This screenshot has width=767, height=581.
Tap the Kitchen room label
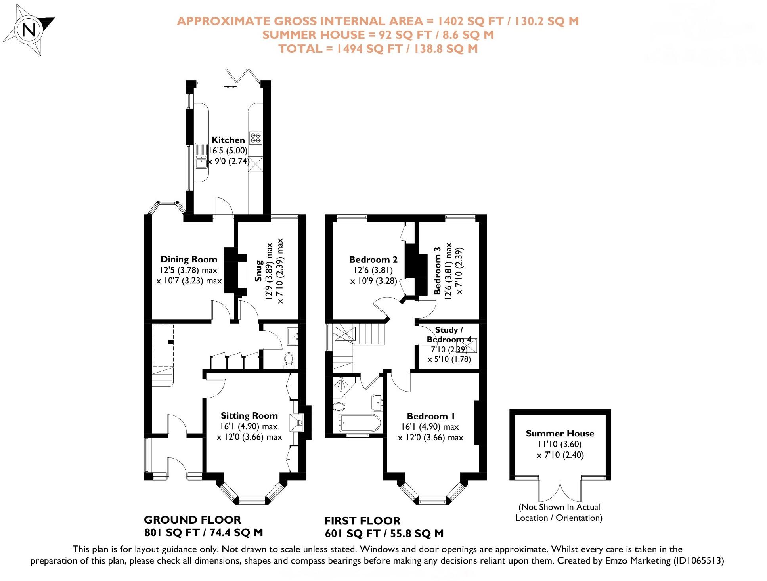coord(228,140)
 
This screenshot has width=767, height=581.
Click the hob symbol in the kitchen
coord(255,138)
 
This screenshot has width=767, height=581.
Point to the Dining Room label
coord(189,260)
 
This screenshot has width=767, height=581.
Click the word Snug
coord(259,271)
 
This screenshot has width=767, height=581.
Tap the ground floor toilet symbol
coord(289,359)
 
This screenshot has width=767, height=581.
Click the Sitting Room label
coord(249,416)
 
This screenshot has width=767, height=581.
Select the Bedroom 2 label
coord(373,260)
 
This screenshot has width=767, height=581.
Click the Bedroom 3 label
coord(437,271)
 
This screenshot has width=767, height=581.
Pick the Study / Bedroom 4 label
coord(449,334)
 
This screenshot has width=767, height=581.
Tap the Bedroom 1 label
coord(430,416)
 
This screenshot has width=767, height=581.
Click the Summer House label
coord(560,434)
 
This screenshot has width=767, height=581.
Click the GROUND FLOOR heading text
coord(192,520)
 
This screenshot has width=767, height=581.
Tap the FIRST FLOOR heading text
coord(362,521)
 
